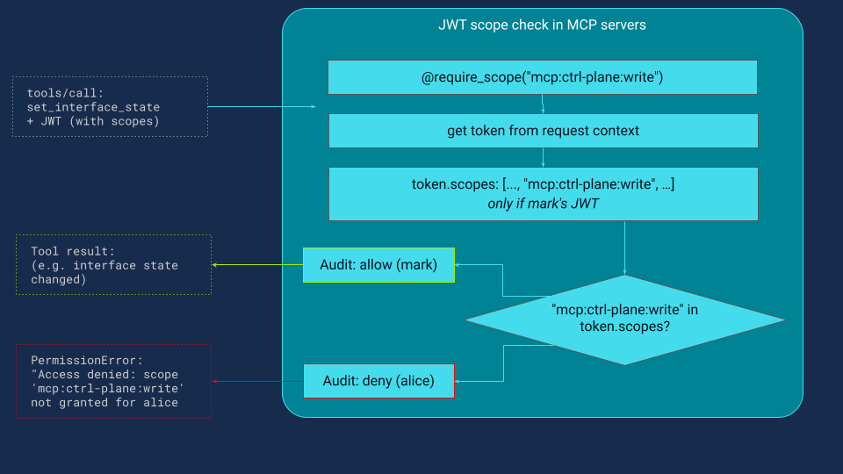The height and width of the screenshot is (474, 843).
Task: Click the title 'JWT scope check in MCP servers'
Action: [542, 25]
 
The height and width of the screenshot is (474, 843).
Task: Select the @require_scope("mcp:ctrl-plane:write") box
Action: [542, 77]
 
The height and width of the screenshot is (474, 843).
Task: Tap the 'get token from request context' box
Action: [542, 131]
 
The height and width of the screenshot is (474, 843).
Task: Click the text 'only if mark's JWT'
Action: [542, 204]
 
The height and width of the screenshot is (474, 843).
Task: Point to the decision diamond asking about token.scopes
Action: [624, 319]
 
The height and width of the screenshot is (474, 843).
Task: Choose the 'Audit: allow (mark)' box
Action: [378, 265]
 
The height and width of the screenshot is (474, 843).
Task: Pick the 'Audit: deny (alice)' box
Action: [378, 381]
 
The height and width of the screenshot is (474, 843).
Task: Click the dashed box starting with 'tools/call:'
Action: [110, 106]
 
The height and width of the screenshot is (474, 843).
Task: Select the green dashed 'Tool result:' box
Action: [113, 264]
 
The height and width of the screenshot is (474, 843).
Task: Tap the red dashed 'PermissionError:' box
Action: [113, 381]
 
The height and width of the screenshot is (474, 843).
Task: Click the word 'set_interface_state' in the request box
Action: [94, 107]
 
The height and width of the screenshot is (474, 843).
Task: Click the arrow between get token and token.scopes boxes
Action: [543, 158]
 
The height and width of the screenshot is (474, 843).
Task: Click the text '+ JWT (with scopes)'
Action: [94, 121]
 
